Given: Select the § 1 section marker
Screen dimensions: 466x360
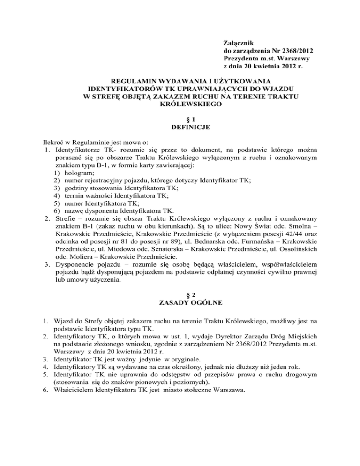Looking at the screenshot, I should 180,120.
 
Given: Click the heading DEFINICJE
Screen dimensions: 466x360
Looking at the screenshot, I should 180,128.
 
